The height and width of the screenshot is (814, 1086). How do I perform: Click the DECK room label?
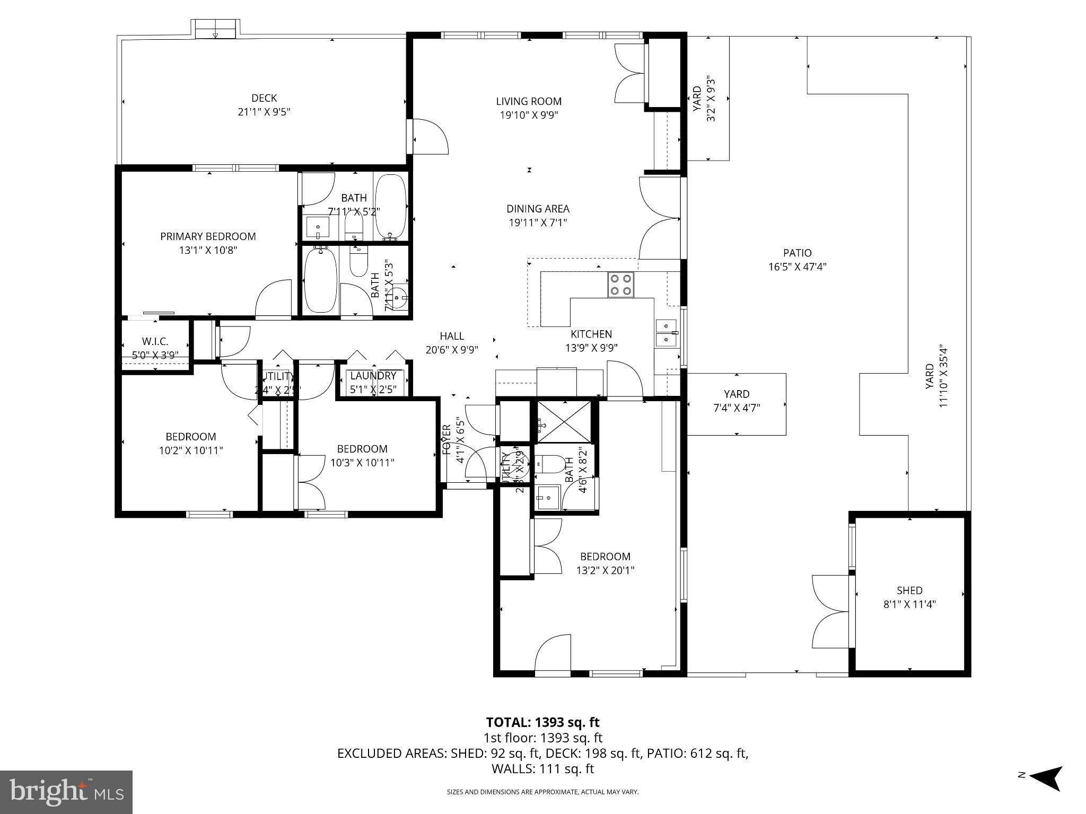click(x=264, y=98)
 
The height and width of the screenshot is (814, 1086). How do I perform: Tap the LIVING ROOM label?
click(x=529, y=101)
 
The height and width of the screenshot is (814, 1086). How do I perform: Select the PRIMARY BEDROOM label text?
click(x=208, y=236)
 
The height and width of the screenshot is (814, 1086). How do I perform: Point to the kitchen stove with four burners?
click(x=620, y=284)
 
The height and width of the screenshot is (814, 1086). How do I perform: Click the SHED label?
click(x=909, y=590)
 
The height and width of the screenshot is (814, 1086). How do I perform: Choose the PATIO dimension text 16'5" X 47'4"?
click(x=797, y=267)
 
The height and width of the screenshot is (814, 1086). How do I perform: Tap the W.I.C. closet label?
click(x=155, y=341)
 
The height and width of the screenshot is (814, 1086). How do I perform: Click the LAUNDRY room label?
click(x=373, y=376)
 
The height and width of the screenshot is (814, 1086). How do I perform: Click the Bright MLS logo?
click(x=66, y=792)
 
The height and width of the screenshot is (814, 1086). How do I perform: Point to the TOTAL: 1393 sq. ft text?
click(x=542, y=722)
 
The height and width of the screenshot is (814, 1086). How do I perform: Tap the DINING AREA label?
click(x=538, y=209)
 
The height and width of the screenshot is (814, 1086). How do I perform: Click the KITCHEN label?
click(x=591, y=334)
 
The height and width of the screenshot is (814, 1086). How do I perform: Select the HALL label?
click(x=452, y=335)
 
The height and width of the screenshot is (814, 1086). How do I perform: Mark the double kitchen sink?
click(x=666, y=333)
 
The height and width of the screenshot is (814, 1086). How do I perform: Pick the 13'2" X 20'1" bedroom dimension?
click(x=605, y=570)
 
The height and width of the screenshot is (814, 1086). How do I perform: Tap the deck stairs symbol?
click(x=215, y=29)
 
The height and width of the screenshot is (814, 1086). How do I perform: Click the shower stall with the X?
click(x=564, y=421)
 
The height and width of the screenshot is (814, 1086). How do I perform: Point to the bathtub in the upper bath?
click(x=391, y=207)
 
